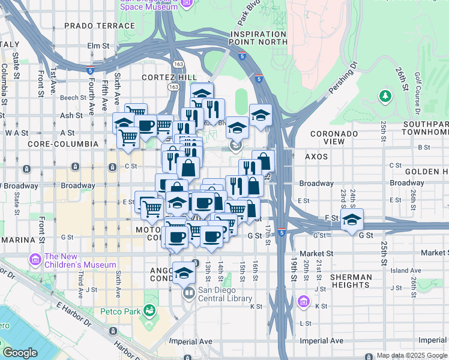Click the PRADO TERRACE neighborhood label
pos(91,25)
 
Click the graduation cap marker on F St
pos(352,219)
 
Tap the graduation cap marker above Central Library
pos(184,272)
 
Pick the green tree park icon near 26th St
pos(385,96)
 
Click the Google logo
pos(20,353)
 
